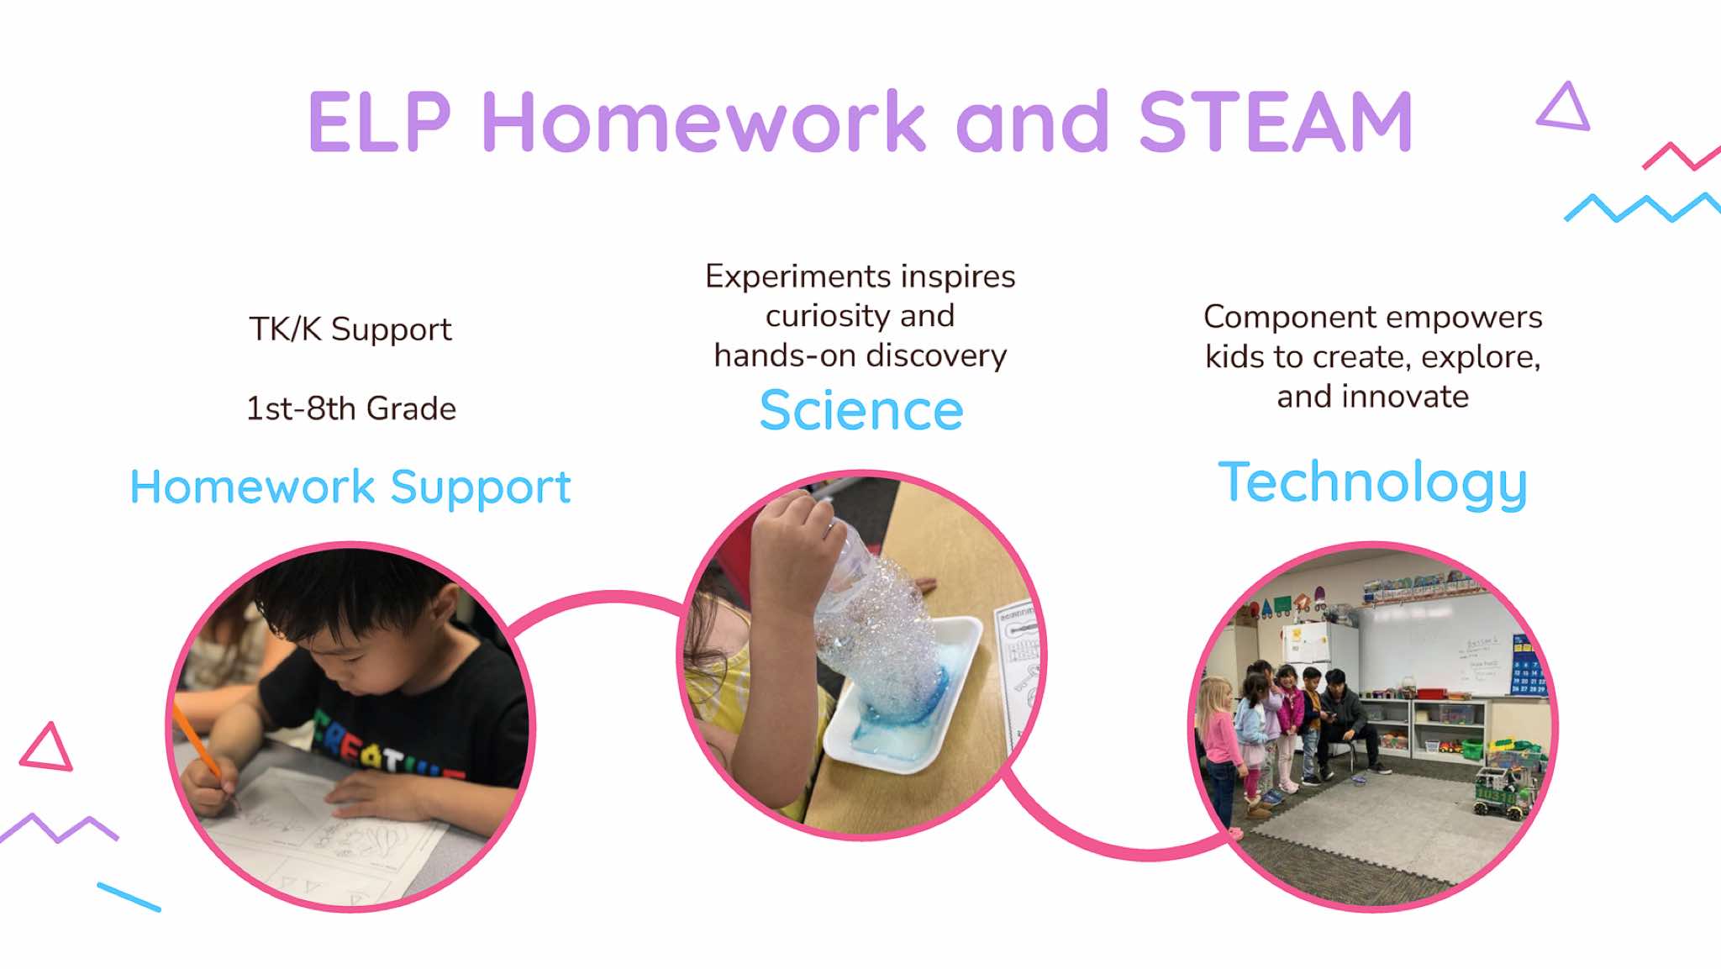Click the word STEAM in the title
(x=1275, y=122)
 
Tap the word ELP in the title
(x=381, y=122)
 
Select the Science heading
(x=861, y=410)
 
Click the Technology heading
(x=1372, y=483)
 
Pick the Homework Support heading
(x=350, y=487)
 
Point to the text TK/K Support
(x=350, y=329)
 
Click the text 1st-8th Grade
(x=351, y=408)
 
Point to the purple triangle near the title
(x=1563, y=106)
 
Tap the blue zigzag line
(x=1642, y=207)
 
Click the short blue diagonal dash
(x=129, y=897)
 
